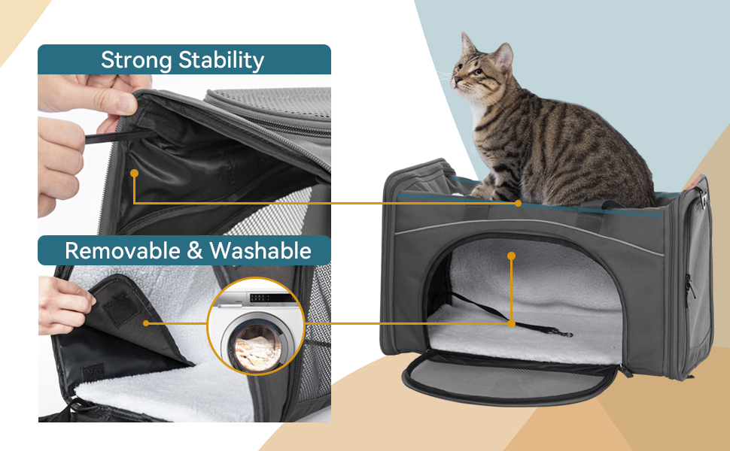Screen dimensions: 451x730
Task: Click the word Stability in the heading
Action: [x=221, y=60]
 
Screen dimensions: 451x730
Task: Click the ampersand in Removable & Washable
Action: [x=194, y=251]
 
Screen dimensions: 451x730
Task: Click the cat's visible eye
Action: [x=479, y=71]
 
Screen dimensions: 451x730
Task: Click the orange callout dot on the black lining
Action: [x=134, y=173]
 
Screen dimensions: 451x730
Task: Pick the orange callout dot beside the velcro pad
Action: [x=145, y=324]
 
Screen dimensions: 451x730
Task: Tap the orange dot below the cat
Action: [x=518, y=203]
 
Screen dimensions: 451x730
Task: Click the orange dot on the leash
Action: [x=511, y=323]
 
